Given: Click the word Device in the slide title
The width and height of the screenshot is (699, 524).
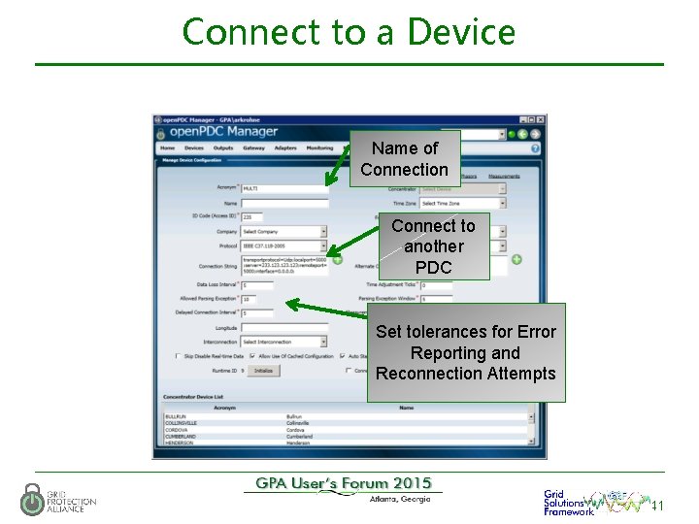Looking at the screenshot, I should [x=461, y=32].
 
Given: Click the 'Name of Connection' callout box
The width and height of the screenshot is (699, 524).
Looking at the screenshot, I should [x=405, y=159].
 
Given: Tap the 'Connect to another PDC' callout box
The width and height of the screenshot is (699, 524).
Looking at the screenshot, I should [x=433, y=246].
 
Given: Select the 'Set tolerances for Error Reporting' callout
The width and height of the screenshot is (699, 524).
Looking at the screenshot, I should [x=466, y=352].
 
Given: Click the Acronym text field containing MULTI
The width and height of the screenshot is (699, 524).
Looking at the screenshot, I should [x=283, y=188].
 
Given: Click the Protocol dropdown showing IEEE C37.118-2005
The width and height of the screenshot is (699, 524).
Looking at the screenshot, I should [x=283, y=246].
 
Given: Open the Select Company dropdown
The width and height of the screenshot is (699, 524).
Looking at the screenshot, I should [x=283, y=232].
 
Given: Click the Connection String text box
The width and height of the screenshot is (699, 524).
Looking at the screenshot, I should [x=283, y=265].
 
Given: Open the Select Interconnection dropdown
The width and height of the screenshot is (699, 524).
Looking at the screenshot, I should [x=283, y=342].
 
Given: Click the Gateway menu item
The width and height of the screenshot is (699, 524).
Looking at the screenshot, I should [x=253, y=148].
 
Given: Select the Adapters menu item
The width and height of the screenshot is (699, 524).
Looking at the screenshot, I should [x=285, y=148].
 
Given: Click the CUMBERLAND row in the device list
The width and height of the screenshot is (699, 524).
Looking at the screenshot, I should [x=184, y=438].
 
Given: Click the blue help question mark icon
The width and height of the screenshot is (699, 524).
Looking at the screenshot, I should [x=535, y=148].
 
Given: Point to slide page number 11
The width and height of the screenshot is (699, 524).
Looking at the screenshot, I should [x=657, y=507].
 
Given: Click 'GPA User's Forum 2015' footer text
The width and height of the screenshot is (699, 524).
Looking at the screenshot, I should [x=344, y=484].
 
